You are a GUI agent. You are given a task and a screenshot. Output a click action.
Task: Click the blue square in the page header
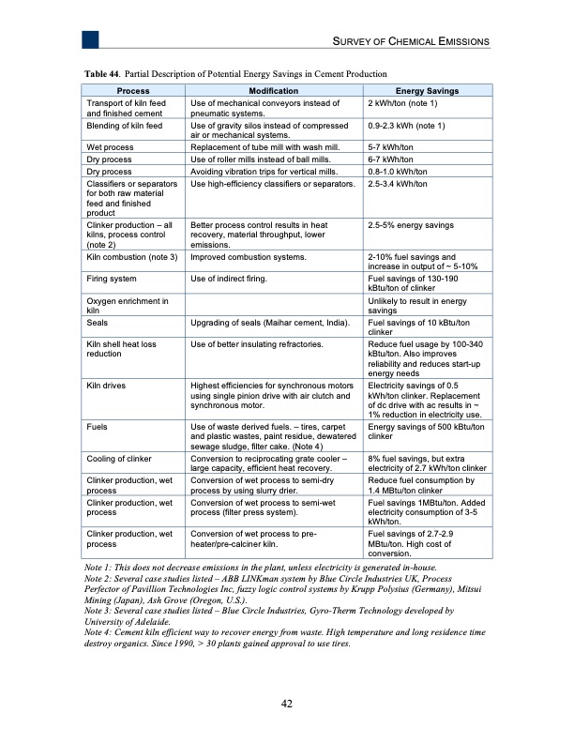click(x=90, y=39)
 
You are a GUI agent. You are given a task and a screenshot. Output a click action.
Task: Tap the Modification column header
click(x=272, y=91)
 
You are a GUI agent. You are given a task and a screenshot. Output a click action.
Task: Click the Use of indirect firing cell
click(x=230, y=279)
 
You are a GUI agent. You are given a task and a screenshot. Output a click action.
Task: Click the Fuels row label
click(x=98, y=427)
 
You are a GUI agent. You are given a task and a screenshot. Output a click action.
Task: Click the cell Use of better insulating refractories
click(x=257, y=344)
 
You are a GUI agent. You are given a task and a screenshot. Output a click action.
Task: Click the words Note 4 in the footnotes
click(x=100, y=633)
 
